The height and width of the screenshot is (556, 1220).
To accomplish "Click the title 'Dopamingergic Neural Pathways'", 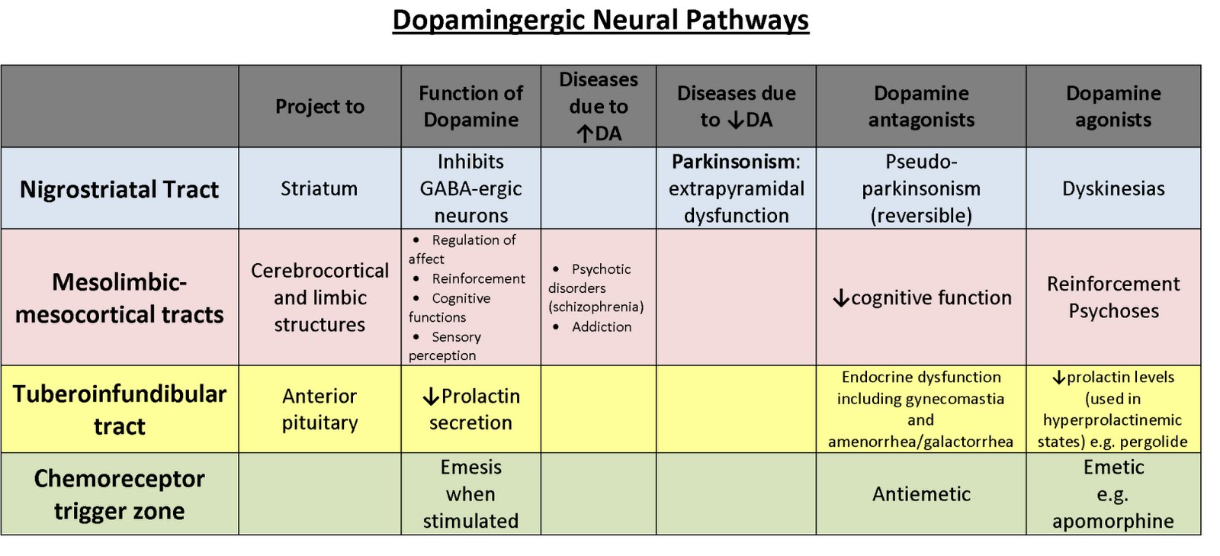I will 600,20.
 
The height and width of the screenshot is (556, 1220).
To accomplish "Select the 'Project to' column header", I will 319,107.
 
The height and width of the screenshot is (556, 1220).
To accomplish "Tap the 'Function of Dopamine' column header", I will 470,107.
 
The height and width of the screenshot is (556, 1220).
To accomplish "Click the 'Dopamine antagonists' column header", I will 921,107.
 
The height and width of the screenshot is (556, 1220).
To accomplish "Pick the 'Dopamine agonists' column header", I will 1112,107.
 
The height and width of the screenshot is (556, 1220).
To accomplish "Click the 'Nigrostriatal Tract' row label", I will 119,189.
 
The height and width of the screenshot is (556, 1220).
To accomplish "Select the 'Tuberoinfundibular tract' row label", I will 119,410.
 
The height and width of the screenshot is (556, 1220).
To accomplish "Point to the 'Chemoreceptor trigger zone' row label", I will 119,494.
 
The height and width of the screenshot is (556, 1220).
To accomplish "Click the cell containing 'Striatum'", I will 319,189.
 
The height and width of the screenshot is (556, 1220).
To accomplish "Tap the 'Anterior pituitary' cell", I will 319,410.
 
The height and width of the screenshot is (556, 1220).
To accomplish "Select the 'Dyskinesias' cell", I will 1112,189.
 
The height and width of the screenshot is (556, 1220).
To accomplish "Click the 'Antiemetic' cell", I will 921,494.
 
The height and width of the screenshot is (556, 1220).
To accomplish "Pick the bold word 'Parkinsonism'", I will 733,162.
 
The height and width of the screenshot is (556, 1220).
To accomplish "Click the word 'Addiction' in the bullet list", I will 602,327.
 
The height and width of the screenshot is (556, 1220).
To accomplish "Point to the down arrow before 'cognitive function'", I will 841,298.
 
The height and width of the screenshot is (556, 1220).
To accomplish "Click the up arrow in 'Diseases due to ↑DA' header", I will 585,134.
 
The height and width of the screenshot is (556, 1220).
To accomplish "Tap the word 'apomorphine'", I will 1112,522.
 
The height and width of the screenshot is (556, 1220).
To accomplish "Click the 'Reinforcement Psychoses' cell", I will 1112,297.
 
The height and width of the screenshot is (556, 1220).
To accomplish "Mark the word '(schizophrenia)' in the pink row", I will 596,307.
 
